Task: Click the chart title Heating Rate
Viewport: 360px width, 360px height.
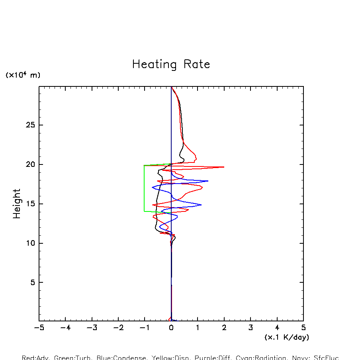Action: click(x=171, y=65)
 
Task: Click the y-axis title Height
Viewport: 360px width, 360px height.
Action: click(x=17, y=203)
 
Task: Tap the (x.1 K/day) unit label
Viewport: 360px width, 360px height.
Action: click(x=287, y=337)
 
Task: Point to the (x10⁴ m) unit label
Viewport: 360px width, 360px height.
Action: click(x=23, y=75)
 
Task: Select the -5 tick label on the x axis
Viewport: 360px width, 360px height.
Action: click(x=39, y=328)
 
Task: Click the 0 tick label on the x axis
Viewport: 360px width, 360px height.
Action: click(x=171, y=328)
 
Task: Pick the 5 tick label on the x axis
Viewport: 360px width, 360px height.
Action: click(x=303, y=328)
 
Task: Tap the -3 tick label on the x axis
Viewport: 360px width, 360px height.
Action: click(x=92, y=328)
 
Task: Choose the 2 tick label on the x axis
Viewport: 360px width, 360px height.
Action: click(x=224, y=328)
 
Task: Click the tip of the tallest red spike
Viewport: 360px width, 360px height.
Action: click(x=224, y=167)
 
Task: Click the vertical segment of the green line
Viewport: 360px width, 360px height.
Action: click(x=144, y=188)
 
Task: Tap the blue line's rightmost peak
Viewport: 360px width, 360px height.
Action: click(x=208, y=181)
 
